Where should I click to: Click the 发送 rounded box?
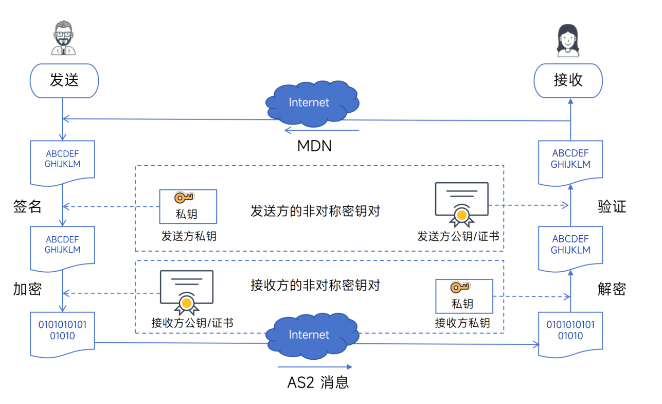click(x=64, y=81)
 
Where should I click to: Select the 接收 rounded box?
click(x=568, y=81)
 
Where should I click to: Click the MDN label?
click(x=314, y=146)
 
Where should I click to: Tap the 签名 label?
click(x=27, y=207)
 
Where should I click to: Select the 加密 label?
click(x=27, y=289)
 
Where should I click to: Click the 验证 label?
click(x=612, y=207)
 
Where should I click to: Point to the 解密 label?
click(x=612, y=289)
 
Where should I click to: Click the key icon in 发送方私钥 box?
click(x=184, y=198)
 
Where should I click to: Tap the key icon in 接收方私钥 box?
click(x=460, y=288)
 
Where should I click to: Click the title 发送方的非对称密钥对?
click(x=315, y=211)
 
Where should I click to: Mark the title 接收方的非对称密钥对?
click(x=315, y=285)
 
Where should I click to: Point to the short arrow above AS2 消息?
click(x=314, y=367)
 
